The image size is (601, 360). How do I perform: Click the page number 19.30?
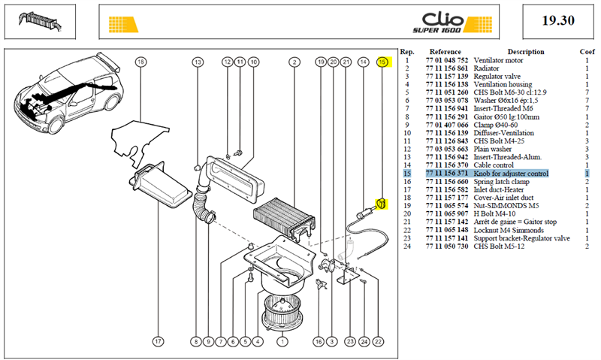[x=558, y=20]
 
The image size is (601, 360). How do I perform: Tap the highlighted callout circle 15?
[x=382, y=62]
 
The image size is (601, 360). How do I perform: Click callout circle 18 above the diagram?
[x=141, y=62]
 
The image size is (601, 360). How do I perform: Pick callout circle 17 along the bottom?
[x=158, y=341]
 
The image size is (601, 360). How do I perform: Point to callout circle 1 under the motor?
[x=282, y=341]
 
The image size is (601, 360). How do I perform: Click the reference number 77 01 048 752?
[x=447, y=60]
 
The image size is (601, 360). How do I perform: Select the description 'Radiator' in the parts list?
[x=486, y=68]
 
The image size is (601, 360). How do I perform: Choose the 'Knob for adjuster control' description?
[x=511, y=174]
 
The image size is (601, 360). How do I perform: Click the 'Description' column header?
[x=526, y=52]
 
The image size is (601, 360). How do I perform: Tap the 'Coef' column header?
[x=587, y=52]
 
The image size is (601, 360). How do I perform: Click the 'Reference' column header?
[x=445, y=52]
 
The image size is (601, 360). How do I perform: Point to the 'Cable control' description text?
[x=494, y=165]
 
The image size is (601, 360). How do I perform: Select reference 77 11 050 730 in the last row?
[x=447, y=246]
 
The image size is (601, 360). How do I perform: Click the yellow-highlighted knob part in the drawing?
[x=382, y=204]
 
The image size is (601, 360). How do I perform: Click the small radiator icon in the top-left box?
[x=40, y=20]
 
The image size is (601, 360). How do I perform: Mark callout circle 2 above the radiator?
[x=294, y=62]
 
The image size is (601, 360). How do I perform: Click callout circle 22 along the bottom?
[x=379, y=341]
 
